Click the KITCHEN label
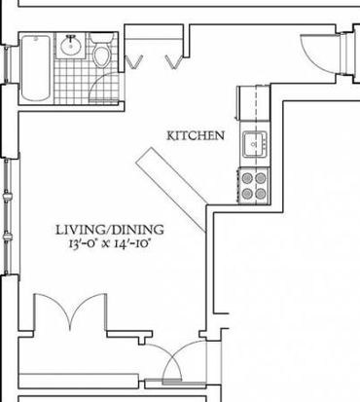point(196,135)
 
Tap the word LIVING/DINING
point(110,230)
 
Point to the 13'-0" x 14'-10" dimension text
point(109,243)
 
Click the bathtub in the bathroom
point(36,68)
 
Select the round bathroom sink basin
point(70,46)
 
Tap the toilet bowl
point(101,55)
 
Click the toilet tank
point(101,38)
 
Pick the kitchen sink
point(255,144)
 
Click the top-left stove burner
point(247,178)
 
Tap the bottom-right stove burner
point(261,194)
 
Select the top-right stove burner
point(261,178)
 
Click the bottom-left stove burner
point(247,194)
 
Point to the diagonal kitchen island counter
point(171,190)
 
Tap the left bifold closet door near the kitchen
point(134,61)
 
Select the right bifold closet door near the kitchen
point(174,61)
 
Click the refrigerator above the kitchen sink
point(253,102)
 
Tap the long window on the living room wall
point(8,217)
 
